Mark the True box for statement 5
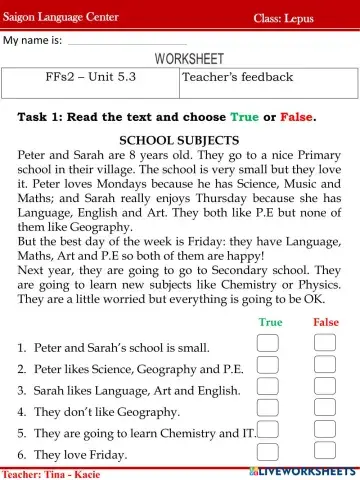(x=268, y=431)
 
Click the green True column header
(x=270, y=322)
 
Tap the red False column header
(x=326, y=322)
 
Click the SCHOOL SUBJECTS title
(x=179, y=141)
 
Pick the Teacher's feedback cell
(x=238, y=77)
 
